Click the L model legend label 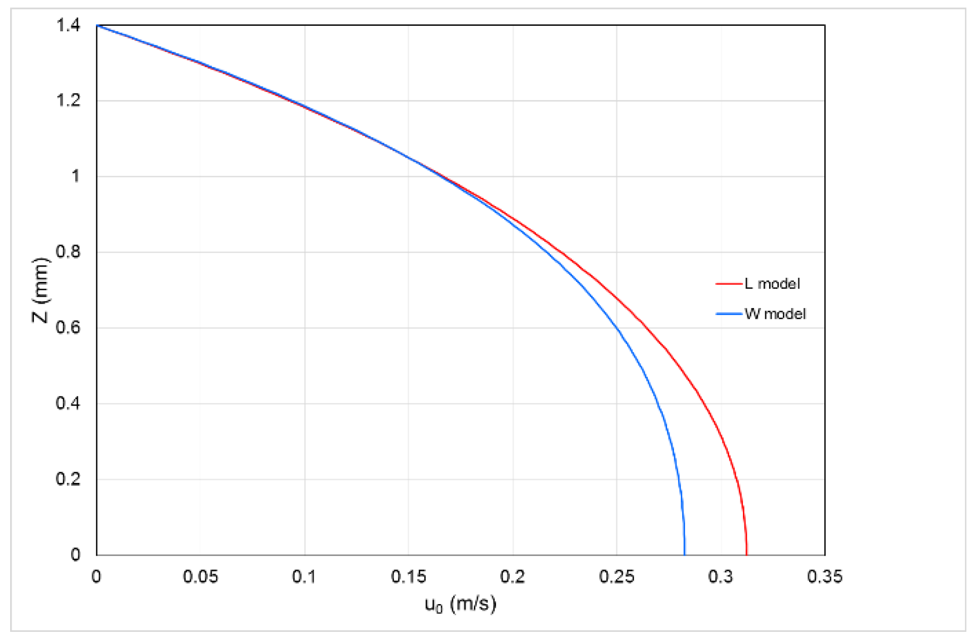[772, 284]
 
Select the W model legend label [775, 314]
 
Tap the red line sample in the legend [728, 284]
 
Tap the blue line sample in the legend [728, 314]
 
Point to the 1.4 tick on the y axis [68, 25]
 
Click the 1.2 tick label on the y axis [68, 101]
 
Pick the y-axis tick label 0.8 [68, 252]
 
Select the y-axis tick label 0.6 [68, 327]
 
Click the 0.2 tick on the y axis [68, 479]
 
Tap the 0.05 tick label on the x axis [200, 577]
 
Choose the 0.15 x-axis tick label [409, 577]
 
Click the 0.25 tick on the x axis [616, 577]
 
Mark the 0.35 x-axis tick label [824, 577]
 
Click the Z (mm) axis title [40, 290]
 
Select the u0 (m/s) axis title [460, 604]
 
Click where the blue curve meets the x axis [685, 555]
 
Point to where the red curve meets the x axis [746, 555]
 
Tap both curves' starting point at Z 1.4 [97, 25]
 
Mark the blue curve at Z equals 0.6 [617, 328]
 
